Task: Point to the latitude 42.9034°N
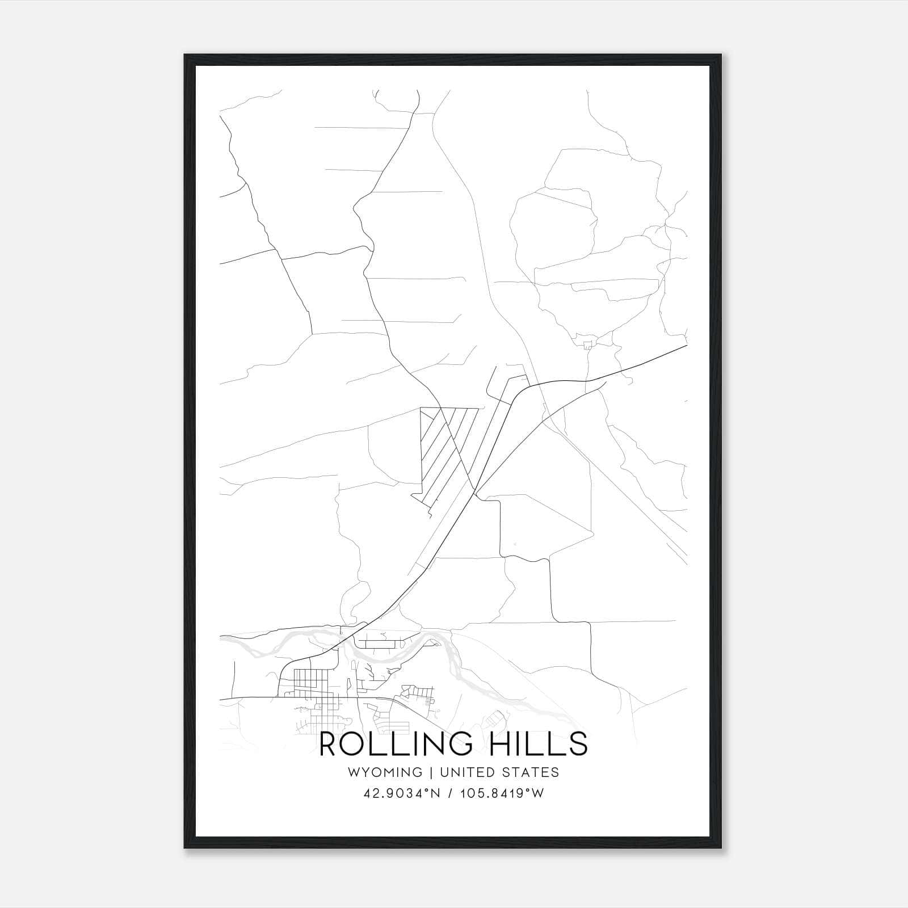click(x=402, y=793)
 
